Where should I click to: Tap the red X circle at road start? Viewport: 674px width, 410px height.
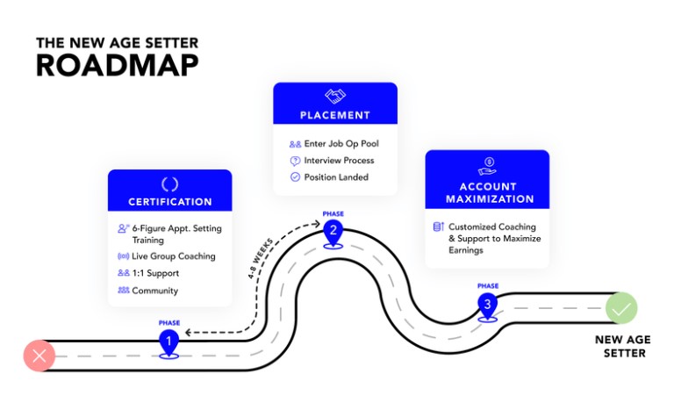point(39,356)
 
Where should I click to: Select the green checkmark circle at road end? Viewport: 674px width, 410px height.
point(621,309)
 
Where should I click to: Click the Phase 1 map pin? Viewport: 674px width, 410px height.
point(168,342)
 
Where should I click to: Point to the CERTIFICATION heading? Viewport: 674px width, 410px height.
point(170,202)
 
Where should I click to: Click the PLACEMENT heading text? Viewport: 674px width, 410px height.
point(335,115)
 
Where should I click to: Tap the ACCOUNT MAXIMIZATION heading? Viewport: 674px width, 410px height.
point(488,192)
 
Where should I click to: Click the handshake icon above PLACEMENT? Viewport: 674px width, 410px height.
point(335,96)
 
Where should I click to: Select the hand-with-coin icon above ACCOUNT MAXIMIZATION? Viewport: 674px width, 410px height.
point(488,163)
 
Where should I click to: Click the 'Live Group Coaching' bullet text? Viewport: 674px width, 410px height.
point(174,256)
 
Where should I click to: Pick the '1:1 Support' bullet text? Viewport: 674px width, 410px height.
point(155,273)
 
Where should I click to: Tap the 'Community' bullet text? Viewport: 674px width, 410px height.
point(154,291)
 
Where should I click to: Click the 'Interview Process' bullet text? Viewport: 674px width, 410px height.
point(339,161)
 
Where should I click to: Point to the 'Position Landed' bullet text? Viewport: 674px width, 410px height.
point(336,177)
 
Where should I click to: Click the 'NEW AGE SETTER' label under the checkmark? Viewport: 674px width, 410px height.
point(620,346)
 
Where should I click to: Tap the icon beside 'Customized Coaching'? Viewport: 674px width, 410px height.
point(438,227)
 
